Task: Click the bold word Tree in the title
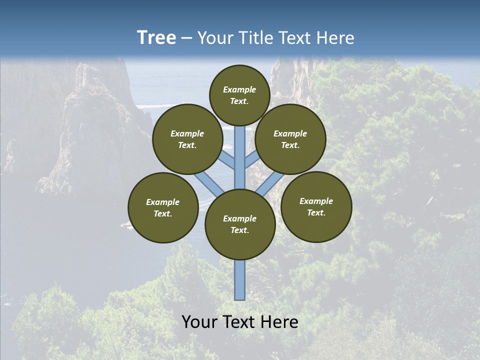156,38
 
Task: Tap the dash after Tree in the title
186,38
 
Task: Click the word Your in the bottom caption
199,322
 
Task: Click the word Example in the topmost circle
239,90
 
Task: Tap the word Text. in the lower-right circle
316,212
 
